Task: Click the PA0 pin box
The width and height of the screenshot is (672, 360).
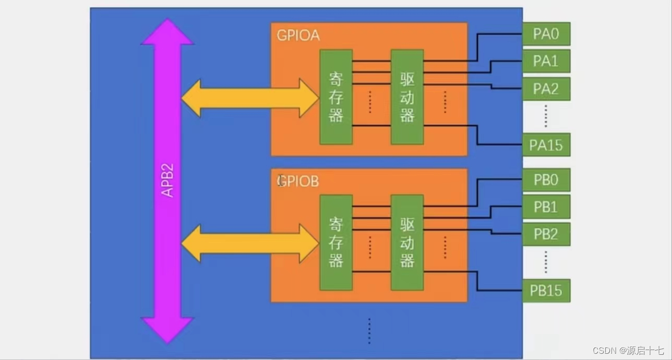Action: coord(546,34)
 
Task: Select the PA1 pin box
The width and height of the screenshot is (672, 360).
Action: coord(546,61)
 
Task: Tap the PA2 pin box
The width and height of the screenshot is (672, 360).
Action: coord(546,89)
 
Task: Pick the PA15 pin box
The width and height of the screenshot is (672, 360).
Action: coord(546,145)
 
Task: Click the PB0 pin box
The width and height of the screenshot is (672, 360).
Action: coord(546,180)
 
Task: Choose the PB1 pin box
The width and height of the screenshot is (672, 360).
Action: coord(546,207)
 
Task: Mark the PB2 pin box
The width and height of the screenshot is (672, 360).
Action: coord(546,234)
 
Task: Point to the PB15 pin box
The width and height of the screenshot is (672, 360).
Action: coord(546,291)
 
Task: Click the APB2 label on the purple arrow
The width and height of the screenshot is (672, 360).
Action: coord(167,181)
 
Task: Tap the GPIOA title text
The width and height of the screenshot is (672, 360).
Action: coord(298,35)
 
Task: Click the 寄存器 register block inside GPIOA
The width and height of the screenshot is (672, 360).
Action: coord(336,97)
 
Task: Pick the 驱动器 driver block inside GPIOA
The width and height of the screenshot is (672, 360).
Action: coord(407,97)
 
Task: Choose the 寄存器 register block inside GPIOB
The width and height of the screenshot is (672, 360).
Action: coord(336,243)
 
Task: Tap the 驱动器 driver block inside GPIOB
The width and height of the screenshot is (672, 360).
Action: coord(407,243)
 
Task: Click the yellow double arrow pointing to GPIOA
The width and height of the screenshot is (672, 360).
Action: coord(249,98)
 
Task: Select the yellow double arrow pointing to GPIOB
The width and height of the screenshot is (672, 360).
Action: coord(249,243)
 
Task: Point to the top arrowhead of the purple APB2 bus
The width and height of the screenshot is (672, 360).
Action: coord(167,32)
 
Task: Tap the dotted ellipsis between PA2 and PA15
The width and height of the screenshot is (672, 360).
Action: coord(546,116)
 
